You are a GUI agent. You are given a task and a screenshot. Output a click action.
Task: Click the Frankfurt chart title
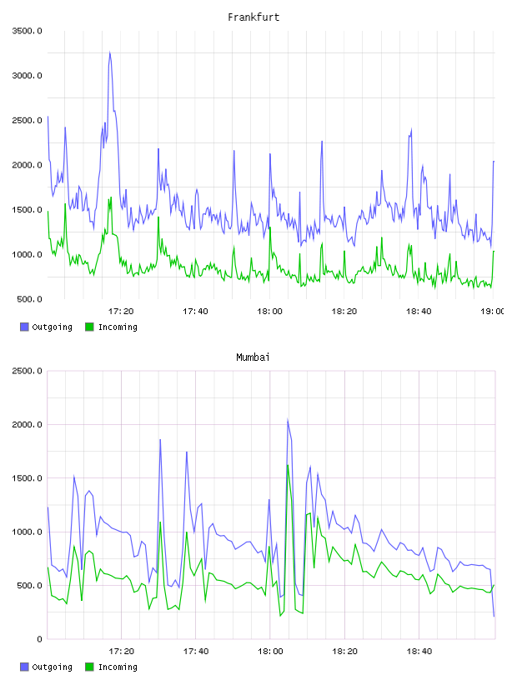[254, 17]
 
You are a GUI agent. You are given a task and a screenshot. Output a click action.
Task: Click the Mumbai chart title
[253, 357]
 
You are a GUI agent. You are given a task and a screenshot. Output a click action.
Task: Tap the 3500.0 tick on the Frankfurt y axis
[27, 31]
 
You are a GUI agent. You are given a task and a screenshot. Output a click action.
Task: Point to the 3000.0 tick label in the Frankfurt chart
[27, 76]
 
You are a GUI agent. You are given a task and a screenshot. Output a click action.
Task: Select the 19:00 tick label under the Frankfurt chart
[492, 311]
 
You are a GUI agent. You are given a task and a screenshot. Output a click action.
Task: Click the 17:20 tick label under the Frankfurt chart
[121, 311]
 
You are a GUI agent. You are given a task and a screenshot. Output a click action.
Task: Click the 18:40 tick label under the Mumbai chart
[419, 651]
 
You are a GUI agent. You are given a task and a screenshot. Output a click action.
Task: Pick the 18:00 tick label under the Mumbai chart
[270, 651]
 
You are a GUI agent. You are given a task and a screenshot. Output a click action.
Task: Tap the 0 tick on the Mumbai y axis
[39, 639]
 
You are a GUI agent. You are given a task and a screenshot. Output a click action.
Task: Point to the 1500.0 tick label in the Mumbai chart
[27, 477]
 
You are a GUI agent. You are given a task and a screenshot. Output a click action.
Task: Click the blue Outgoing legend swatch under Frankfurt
[24, 327]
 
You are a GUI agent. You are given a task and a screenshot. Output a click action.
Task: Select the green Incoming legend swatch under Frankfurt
[89, 327]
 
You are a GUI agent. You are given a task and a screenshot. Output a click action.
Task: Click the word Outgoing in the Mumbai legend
[52, 667]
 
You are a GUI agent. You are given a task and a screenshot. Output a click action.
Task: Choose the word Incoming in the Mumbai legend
[118, 667]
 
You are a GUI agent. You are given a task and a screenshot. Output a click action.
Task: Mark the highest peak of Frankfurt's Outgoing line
[110, 52]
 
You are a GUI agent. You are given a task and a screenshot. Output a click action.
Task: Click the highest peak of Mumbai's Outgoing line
[288, 419]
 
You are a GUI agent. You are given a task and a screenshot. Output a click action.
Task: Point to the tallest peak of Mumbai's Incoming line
[288, 465]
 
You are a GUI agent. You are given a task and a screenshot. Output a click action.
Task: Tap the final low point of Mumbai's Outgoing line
[494, 616]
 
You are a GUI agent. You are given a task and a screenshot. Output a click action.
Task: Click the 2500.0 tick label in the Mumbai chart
[27, 371]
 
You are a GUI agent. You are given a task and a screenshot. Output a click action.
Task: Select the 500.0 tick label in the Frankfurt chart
[29, 299]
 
